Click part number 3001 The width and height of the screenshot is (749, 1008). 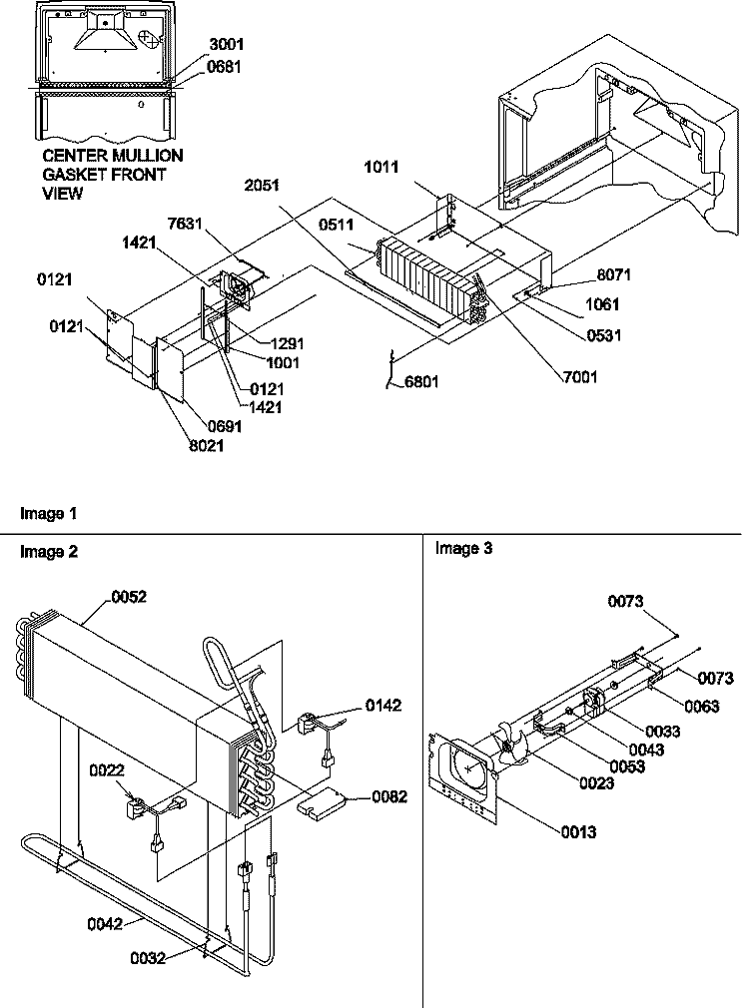[226, 44]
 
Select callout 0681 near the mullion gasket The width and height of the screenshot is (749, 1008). [224, 66]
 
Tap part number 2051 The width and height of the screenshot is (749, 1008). [262, 186]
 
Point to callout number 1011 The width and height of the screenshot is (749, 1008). [381, 167]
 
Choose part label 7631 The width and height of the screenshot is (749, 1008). [185, 224]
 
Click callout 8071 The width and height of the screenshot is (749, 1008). [614, 275]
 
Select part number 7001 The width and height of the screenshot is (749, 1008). [580, 376]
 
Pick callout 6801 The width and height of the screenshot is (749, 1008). [422, 382]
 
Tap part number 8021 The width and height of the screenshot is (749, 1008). [207, 445]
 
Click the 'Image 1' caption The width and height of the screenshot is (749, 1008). [48, 514]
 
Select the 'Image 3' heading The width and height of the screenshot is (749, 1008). [464, 548]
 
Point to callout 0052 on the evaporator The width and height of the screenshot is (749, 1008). [129, 597]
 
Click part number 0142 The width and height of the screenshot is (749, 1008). [383, 706]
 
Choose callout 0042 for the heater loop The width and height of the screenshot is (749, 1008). [105, 924]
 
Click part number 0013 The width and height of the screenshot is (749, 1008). [578, 832]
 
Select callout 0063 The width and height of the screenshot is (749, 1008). [702, 706]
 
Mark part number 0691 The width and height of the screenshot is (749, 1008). [225, 425]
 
